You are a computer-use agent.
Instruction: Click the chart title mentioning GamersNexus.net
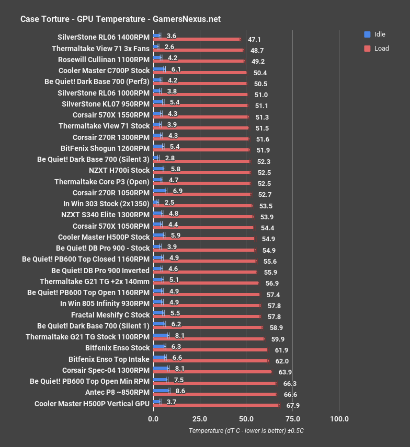(120, 19)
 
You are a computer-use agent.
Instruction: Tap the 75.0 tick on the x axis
(293, 419)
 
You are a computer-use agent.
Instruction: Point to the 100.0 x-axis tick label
(339, 419)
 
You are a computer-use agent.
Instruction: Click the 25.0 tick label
(200, 419)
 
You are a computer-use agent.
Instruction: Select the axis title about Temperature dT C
(246, 431)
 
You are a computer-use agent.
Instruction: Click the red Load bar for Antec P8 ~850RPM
(214, 394)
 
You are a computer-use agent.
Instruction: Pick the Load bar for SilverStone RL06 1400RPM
(197, 39)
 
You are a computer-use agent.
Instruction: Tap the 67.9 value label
(292, 405)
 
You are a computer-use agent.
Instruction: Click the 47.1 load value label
(254, 39)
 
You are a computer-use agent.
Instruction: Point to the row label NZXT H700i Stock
(119, 170)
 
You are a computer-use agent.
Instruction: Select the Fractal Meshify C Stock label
(110, 315)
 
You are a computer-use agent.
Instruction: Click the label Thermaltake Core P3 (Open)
(102, 182)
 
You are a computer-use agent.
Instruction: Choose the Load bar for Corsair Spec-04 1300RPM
(212, 372)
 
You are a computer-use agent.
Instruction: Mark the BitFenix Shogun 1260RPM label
(105, 148)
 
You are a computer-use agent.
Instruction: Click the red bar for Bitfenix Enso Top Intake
(211, 360)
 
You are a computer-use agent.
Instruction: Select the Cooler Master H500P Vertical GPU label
(92, 404)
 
